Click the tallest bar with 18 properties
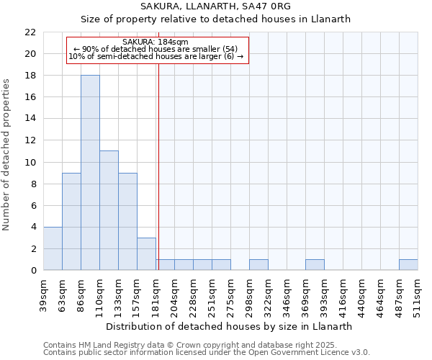(90, 173)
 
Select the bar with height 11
(109, 210)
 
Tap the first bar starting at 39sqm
(53, 248)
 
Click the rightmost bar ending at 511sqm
(408, 265)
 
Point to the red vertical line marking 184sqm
(158, 166)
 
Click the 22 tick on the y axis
(30, 32)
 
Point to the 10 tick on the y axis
(30, 162)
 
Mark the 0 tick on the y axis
(32, 270)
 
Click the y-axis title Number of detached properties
(8, 155)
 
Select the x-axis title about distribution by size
(234, 326)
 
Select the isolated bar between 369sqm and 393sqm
(315, 265)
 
